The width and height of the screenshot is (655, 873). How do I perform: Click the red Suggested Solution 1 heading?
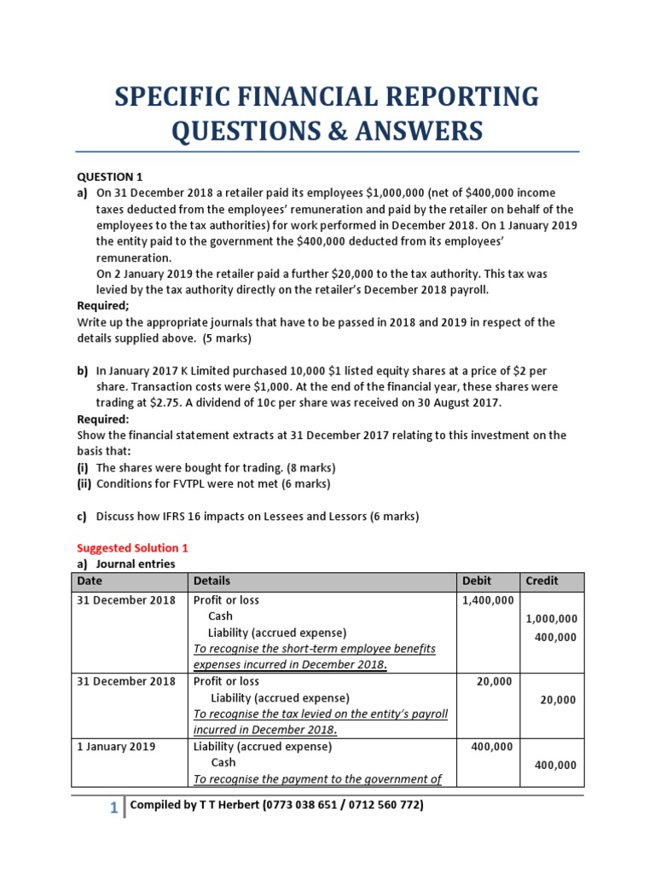pos(128,548)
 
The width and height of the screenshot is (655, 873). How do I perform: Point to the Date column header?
pos(90,581)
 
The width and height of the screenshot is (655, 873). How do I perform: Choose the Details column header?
pos(212,581)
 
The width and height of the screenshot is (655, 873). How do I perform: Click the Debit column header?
pos(477,581)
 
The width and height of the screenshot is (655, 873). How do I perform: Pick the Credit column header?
pos(542,581)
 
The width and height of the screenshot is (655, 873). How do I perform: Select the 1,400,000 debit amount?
pos(488,600)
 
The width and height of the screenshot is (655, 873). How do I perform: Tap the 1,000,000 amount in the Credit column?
pos(551,619)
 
